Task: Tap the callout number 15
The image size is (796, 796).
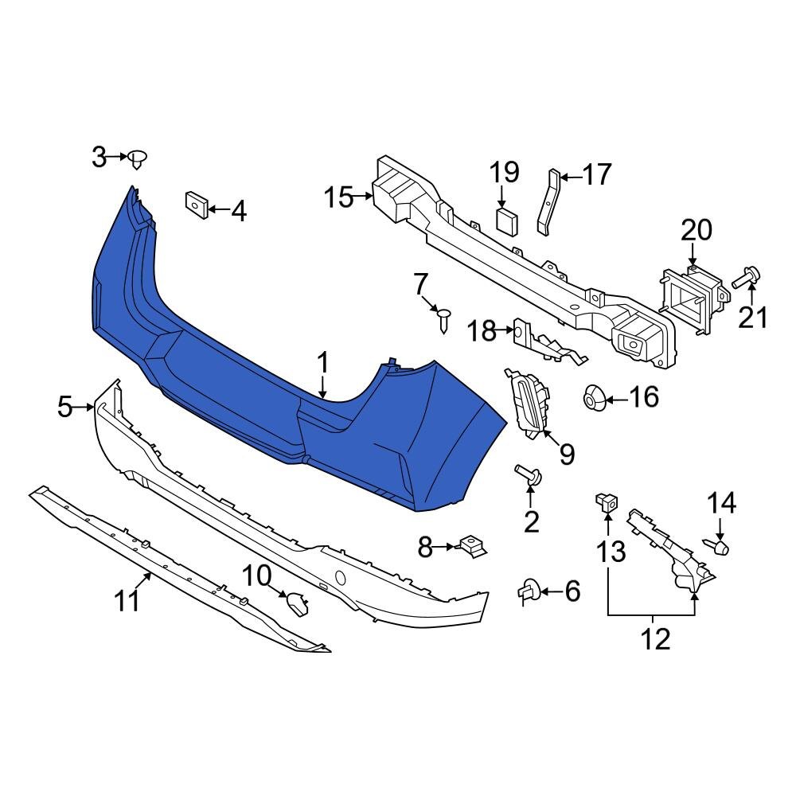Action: tap(339, 197)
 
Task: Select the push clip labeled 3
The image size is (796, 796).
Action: tap(139, 159)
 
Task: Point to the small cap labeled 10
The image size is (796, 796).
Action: tap(298, 605)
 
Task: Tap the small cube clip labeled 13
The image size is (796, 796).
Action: tap(607, 502)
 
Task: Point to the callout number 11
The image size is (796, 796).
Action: tap(127, 601)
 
